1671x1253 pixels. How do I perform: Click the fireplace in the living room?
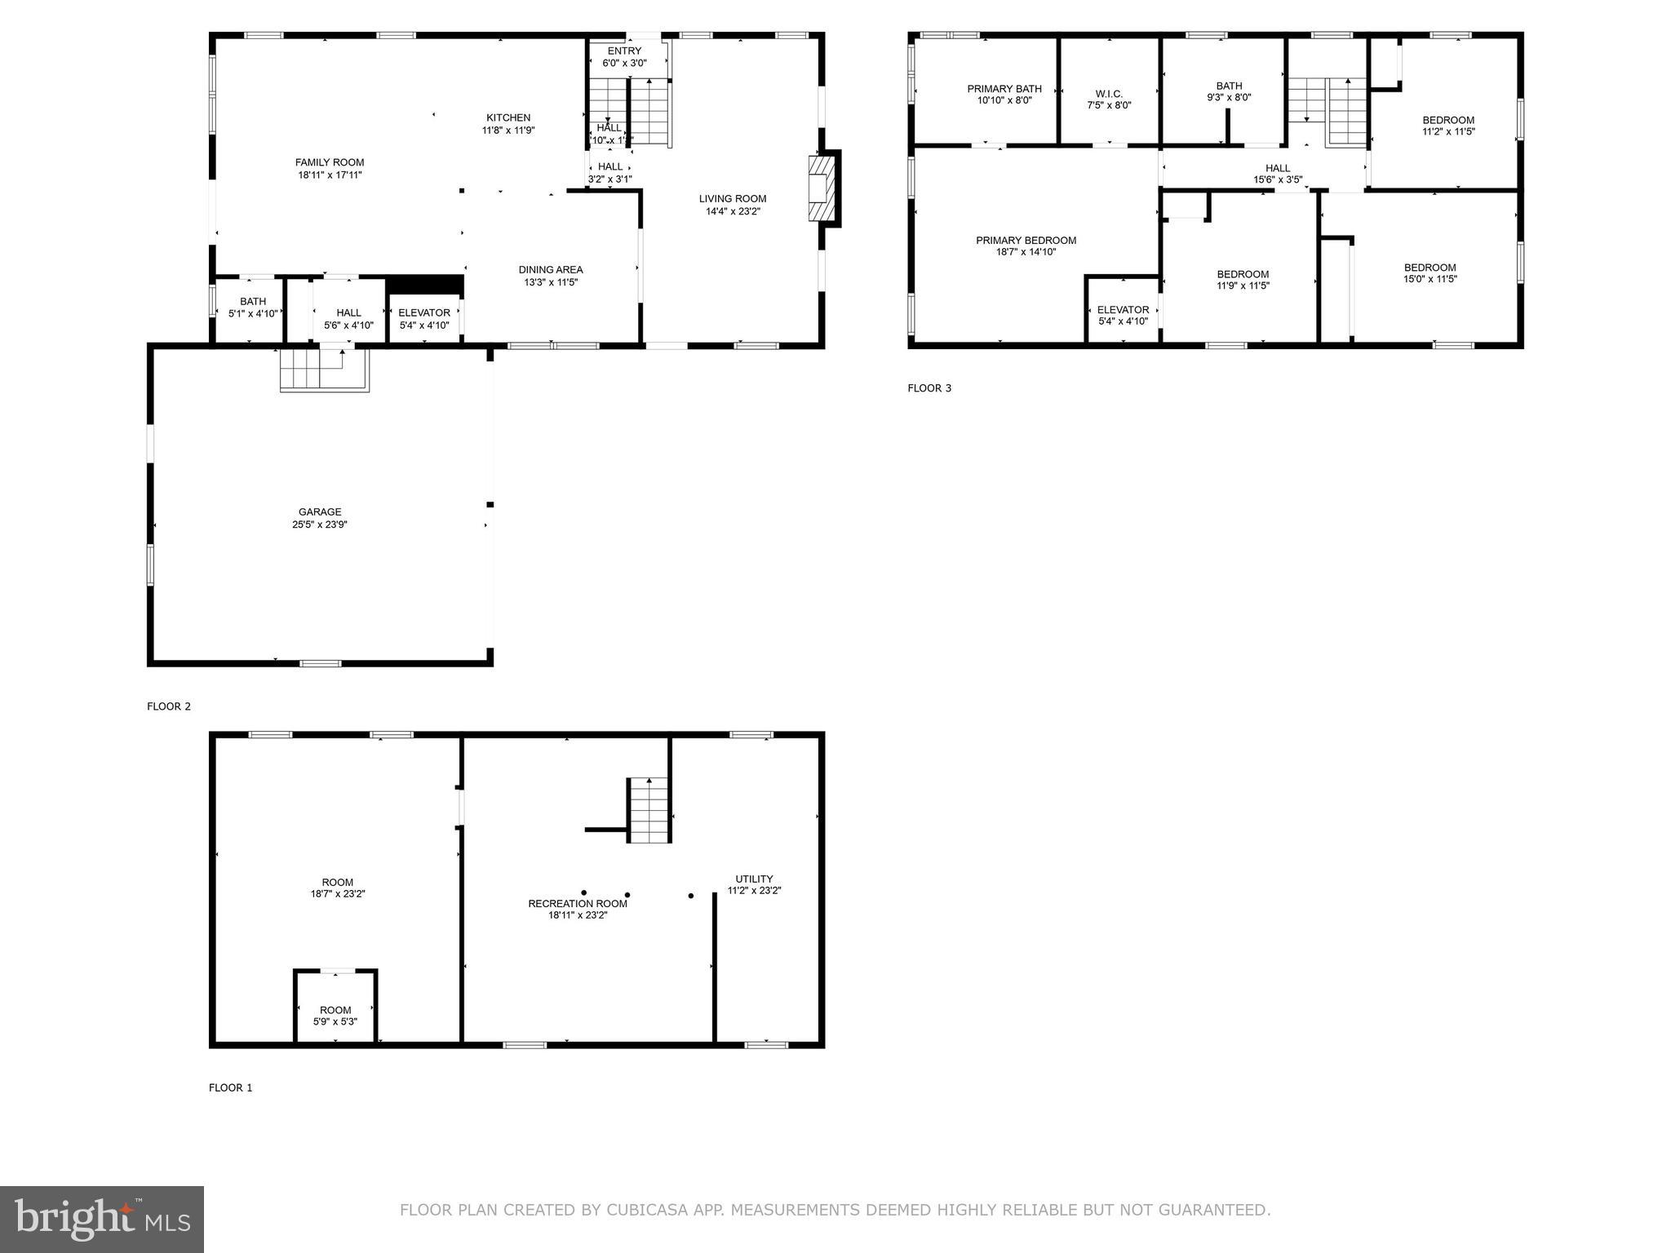(822, 188)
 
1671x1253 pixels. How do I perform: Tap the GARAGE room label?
(320, 512)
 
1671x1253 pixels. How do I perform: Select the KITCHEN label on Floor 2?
(508, 117)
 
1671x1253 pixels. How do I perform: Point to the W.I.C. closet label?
(1109, 94)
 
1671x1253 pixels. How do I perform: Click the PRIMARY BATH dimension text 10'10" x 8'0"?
(1004, 101)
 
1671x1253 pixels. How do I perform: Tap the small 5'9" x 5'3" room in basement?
(335, 1010)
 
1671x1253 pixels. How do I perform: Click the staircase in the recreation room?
(649, 811)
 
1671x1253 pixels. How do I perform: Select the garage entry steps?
(324, 369)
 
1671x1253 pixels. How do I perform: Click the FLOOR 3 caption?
(929, 388)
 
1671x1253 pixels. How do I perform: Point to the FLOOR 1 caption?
(231, 1087)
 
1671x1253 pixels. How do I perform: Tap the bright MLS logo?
(101, 1220)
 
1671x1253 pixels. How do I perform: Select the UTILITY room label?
(754, 879)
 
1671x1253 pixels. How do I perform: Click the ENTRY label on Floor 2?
(624, 51)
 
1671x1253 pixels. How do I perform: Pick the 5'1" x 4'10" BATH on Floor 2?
(253, 308)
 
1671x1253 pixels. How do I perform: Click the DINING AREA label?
(551, 270)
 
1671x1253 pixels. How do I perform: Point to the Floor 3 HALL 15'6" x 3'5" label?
(1278, 168)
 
